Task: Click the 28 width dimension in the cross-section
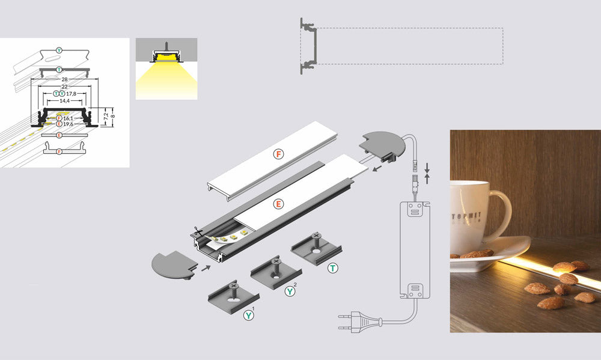pyautogui.click(x=65, y=79)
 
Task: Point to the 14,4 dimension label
pyautogui.click(x=64, y=101)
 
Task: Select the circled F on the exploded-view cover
pyautogui.click(x=278, y=154)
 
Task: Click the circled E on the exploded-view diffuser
pyautogui.click(x=278, y=204)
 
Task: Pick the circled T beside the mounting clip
pyautogui.click(x=332, y=268)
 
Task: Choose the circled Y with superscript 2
pyautogui.click(x=291, y=291)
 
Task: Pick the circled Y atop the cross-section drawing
pyautogui.click(x=58, y=49)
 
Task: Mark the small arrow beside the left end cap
pyautogui.click(x=206, y=269)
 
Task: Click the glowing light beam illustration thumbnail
pyautogui.click(x=166, y=69)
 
